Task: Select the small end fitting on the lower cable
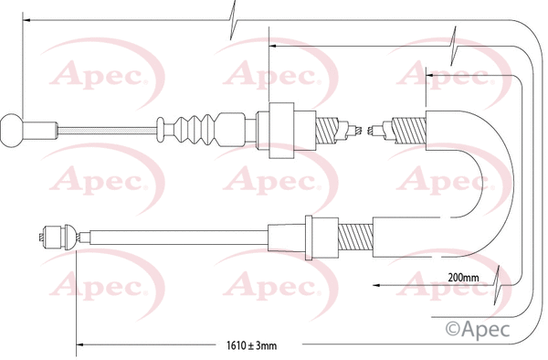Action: click(x=58, y=235)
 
